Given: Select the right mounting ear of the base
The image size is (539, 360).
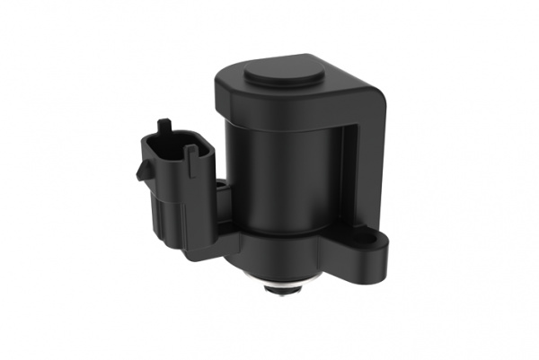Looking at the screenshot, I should click(363, 247).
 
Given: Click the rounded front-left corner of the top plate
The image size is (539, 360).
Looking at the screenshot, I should click(225, 85).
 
